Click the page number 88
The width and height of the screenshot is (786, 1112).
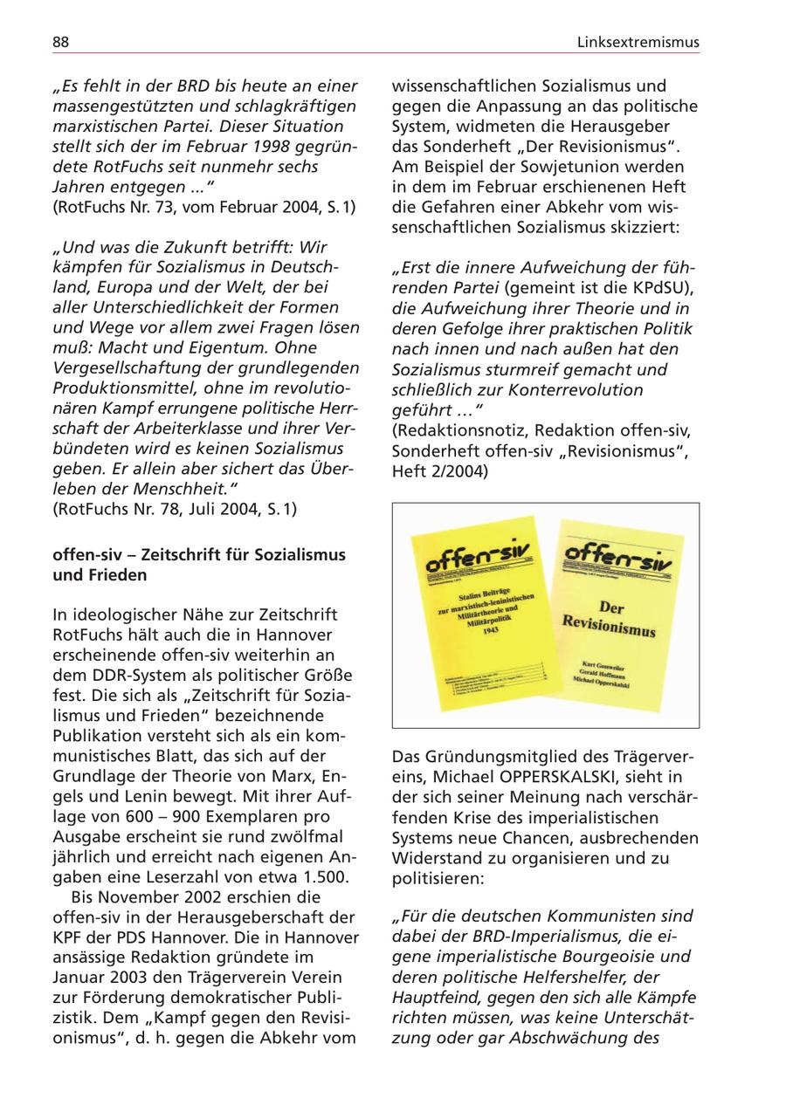pyautogui.click(x=61, y=42)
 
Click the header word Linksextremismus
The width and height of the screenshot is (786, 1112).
pyautogui.click(x=638, y=42)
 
